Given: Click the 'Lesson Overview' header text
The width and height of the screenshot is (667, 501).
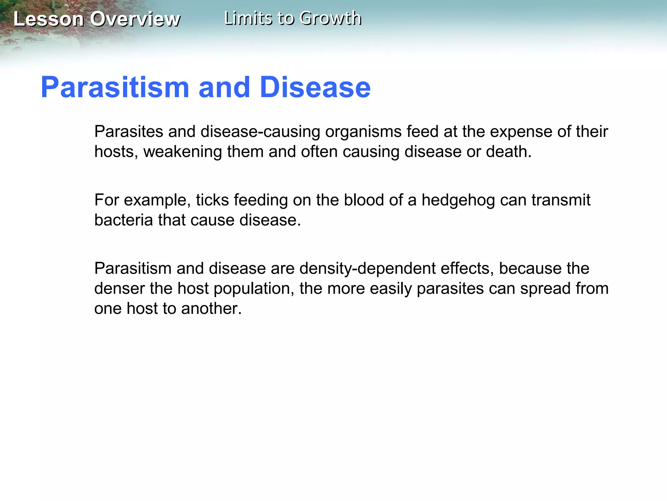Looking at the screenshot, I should click(x=97, y=19).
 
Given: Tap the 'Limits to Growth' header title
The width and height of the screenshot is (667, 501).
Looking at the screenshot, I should click(x=292, y=18).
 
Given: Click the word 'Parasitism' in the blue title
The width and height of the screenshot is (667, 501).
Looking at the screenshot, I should click(x=115, y=87).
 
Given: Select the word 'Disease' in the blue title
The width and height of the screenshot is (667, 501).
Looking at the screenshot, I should click(x=315, y=87).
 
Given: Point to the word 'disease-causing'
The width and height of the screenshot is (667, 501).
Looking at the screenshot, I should click(x=261, y=132).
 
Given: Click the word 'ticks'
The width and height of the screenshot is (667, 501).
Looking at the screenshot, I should click(x=212, y=200).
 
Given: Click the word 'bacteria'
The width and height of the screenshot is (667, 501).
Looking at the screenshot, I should click(x=123, y=220).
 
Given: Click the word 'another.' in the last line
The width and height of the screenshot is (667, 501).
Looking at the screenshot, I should click(x=211, y=309).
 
